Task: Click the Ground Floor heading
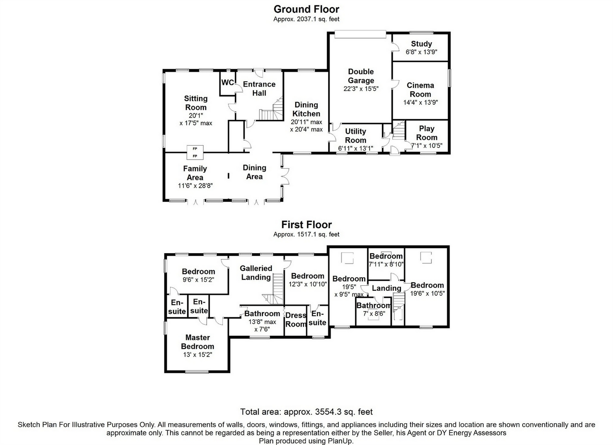point(306,9)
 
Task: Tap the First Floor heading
point(306,225)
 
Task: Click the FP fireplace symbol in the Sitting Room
point(195,152)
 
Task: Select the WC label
point(227,82)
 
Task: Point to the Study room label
point(421,44)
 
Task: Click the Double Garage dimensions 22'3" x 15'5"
point(361,88)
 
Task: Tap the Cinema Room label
point(420,90)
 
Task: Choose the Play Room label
point(427,133)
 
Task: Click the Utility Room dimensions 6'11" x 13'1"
point(356,148)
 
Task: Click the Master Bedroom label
point(198,342)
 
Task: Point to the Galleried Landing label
point(256,273)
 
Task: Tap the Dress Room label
point(296,320)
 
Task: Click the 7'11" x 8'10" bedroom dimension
point(386,264)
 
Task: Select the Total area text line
point(306,411)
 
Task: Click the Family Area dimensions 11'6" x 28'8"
point(195,186)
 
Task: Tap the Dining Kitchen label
point(306,109)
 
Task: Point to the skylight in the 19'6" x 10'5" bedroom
point(426,258)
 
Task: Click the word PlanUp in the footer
point(340,441)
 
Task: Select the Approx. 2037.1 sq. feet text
point(306,19)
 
